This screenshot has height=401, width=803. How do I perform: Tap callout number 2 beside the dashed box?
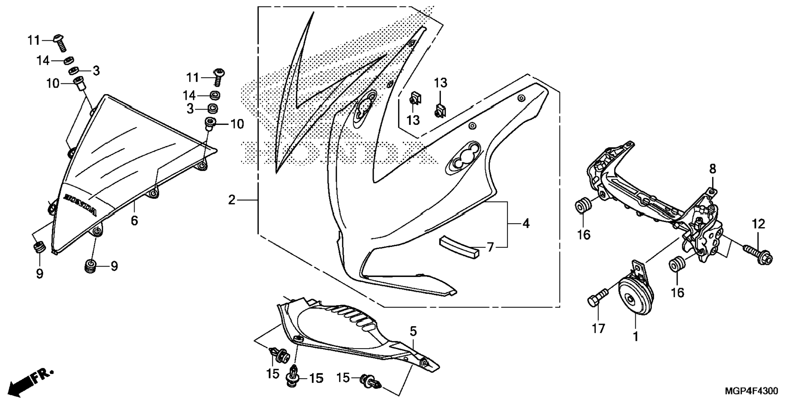pos(232,200)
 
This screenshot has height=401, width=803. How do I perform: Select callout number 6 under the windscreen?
pos(134,220)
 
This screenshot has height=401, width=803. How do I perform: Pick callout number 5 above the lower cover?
pos(413,331)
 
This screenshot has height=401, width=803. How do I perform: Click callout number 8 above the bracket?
pos(712,169)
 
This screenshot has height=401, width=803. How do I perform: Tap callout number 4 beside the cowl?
pos(526,224)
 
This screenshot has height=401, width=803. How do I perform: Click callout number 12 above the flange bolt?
pos(758,224)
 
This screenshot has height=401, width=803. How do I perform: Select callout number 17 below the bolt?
pos(598,329)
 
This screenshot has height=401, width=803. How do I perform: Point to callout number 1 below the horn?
pos(635,336)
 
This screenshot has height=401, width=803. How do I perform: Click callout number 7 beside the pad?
pos(490,248)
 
